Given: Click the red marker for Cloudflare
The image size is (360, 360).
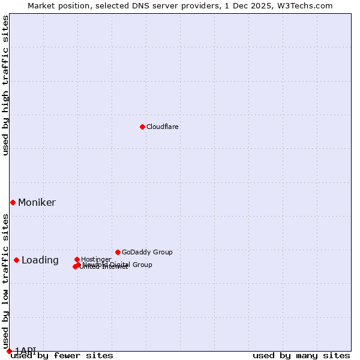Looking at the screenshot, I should point(142,127).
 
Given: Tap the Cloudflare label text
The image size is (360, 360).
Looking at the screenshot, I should point(162,127).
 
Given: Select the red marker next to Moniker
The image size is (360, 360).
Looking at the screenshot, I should point(13,202).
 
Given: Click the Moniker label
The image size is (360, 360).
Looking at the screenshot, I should point(37,203).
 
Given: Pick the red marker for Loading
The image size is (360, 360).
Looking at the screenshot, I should point(16,260).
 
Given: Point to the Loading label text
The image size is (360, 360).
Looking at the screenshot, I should point(40,260).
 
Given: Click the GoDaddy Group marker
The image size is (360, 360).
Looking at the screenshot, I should point(118,252).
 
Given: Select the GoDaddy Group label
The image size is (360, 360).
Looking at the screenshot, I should point(147,253).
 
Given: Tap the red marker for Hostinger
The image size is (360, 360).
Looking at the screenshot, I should point(77,259).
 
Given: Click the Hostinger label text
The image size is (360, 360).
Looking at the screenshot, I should point(96,259).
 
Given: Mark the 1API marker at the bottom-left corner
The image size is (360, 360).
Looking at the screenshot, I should point(9,351).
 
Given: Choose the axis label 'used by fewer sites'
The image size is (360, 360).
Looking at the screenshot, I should point(62,356).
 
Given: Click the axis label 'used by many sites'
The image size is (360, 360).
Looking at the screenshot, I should point(301,356).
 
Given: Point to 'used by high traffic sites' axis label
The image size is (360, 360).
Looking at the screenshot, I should point(6,85).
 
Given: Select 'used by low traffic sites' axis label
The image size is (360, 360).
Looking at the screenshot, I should point(6,277).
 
